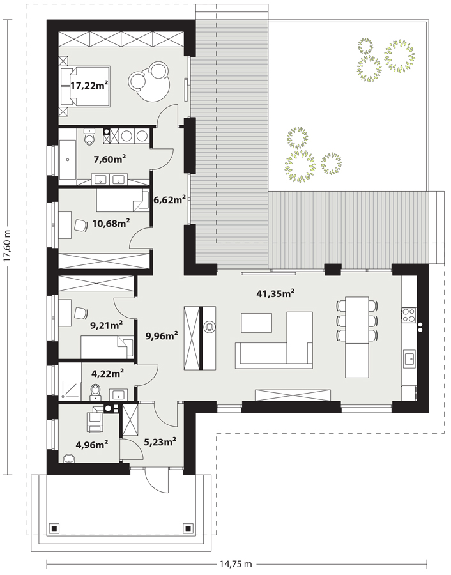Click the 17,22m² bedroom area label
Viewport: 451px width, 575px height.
(x=89, y=86)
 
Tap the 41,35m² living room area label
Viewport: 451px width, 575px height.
(x=275, y=293)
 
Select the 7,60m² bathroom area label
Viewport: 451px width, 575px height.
(x=110, y=159)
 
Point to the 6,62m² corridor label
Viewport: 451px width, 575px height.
(x=169, y=199)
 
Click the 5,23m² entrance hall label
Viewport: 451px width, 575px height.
(x=160, y=442)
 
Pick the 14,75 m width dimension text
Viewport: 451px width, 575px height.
(x=236, y=563)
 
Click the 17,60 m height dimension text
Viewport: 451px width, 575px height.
(x=7, y=246)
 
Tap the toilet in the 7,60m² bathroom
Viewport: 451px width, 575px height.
(x=89, y=137)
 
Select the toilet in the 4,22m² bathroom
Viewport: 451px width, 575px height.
(x=96, y=392)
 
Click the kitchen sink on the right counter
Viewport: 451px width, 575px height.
(x=409, y=358)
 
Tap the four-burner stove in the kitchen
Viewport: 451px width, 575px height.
(x=409, y=315)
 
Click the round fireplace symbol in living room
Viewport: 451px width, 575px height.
(x=210, y=326)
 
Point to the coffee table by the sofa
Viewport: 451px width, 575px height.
(x=256, y=323)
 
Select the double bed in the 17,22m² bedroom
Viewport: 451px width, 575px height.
(x=85, y=86)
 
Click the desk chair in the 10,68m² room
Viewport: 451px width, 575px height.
(x=80, y=225)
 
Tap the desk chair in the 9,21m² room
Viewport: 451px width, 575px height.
(x=80, y=313)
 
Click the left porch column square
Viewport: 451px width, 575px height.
(x=54, y=528)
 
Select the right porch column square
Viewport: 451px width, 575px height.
(x=188, y=528)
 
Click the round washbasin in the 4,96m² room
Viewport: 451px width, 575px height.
(x=68, y=458)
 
